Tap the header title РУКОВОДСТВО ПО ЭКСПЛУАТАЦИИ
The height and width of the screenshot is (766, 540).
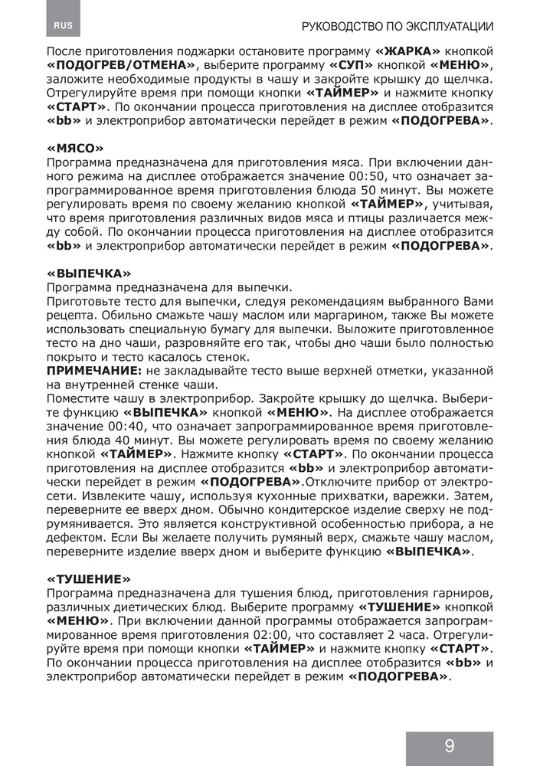[398, 26]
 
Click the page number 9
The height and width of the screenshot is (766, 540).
[449, 746]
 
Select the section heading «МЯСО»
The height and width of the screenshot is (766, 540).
[74, 148]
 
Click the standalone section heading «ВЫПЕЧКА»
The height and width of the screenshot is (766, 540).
[88, 273]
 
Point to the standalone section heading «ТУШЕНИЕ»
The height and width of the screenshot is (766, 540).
[89, 580]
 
